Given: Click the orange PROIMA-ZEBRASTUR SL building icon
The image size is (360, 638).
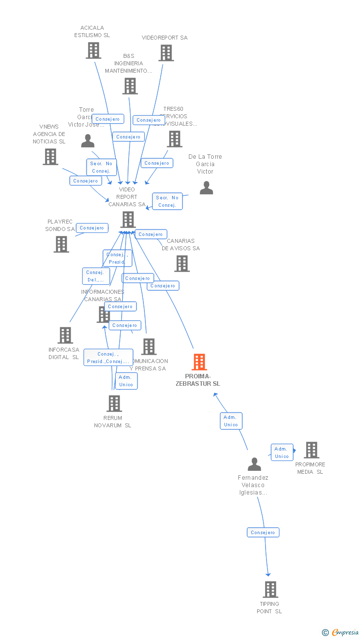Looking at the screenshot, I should (x=199, y=362).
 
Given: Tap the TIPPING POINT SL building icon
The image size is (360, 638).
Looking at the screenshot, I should (x=270, y=590).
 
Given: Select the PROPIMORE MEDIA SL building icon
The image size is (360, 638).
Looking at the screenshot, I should (x=312, y=450).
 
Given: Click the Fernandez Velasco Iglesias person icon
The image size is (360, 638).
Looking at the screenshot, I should (x=254, y=464).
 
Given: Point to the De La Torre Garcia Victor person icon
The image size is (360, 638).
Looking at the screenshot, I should (x=206, y=188).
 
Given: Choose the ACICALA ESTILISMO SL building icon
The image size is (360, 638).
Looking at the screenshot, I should (x=93, y=50).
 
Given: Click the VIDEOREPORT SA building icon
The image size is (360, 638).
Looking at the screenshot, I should (x=166, y=53).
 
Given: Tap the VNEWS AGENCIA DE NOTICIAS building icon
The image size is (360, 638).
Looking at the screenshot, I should (x=50, y=157).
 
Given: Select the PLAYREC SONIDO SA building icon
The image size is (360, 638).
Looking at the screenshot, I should (x=61, y=244).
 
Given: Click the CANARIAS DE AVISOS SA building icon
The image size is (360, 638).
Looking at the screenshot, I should (x=181, y=264).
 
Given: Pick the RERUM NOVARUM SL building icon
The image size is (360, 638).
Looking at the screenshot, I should (x=114, y=404).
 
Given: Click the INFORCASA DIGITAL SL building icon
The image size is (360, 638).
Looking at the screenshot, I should (x=65, y=335).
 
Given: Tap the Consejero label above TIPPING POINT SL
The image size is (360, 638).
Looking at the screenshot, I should (x=263, y=533).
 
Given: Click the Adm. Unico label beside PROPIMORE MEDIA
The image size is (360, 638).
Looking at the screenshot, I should (x=282, y=453).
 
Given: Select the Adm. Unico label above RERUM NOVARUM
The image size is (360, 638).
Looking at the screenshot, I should (x=126, y=381).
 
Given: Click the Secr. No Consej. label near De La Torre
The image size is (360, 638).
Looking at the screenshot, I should (x=167, y=201).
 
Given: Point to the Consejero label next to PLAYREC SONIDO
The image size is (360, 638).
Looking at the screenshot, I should (x=92, y=228).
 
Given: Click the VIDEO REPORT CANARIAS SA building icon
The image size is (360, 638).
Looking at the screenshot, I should (x=128, y=220).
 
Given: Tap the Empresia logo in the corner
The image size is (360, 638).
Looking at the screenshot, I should (x=341, y=632).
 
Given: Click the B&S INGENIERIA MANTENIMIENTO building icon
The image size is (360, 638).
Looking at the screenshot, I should (x=130, y=86).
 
